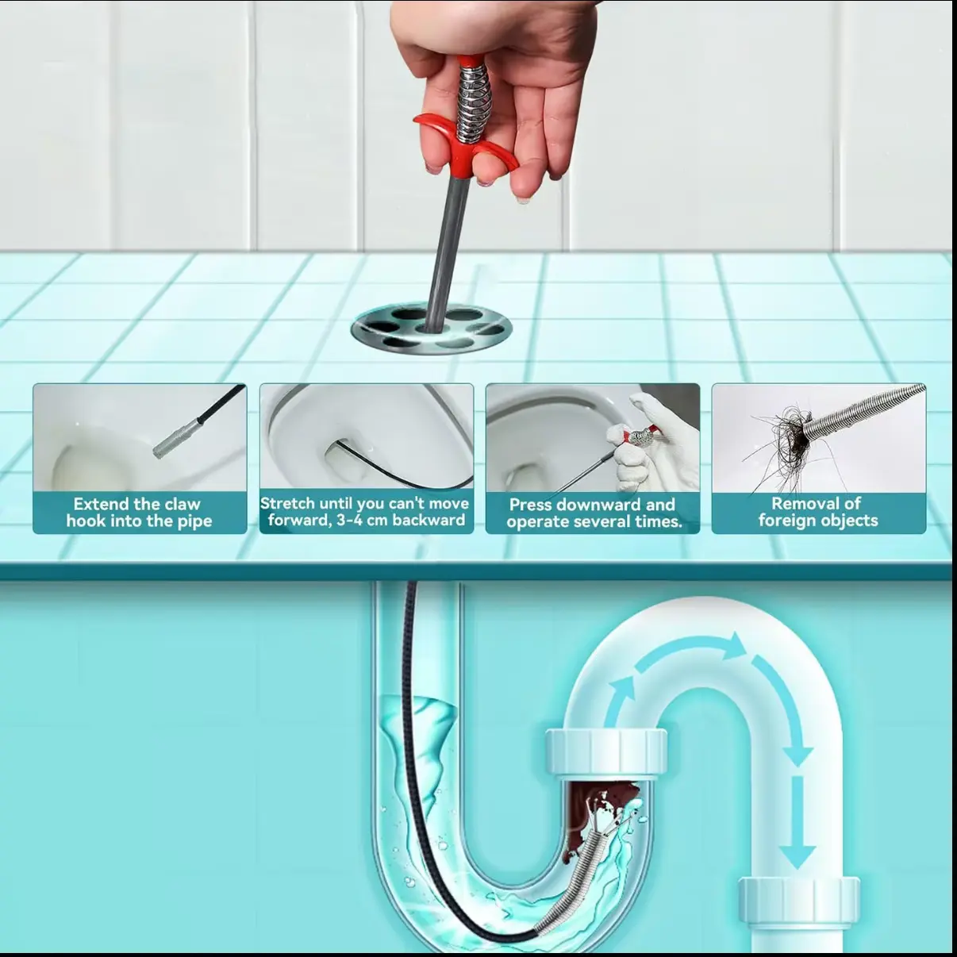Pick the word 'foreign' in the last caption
(x=786, y=521)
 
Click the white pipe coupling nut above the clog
(x=606, y=753)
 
